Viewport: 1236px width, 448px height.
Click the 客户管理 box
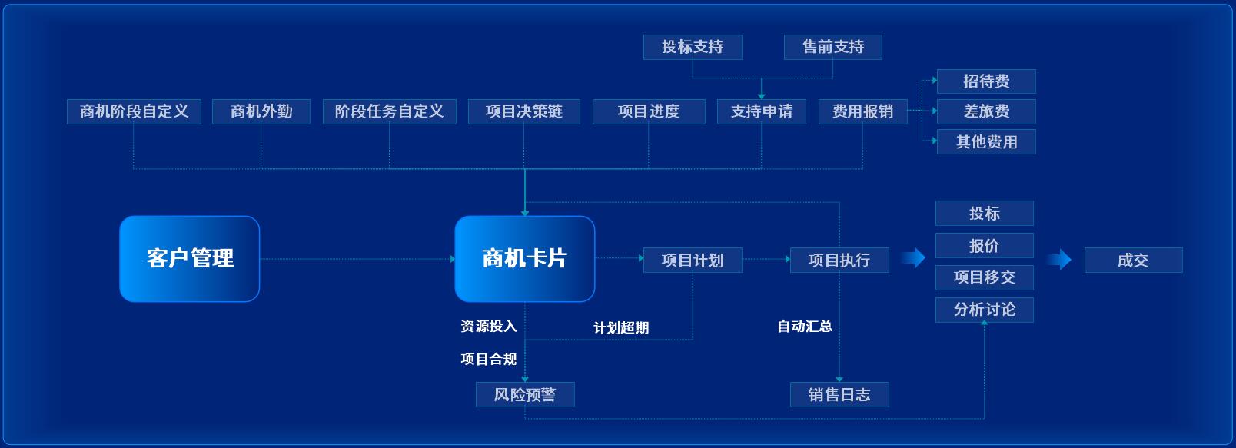[x=189, y=259]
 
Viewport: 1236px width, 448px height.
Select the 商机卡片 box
[x=525, y=259]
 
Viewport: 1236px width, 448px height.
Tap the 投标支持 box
[x=693, y=47]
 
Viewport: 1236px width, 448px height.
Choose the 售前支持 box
[x=833, y=47]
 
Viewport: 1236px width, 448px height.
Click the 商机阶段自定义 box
[x=134, y=111]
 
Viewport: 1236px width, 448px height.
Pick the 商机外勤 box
[x=261, y=111]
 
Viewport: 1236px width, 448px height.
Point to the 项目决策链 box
[x=524, y=111]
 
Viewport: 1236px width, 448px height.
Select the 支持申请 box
[x=762, y=111]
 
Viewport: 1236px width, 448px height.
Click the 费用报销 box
[x=863, y=111]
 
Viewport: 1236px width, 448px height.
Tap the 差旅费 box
[x=986, y=111]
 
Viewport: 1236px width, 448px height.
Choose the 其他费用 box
[x=986, y=142]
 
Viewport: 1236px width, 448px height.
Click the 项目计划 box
[x=693, y=260]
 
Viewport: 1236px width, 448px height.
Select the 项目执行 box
[x=839, y=260]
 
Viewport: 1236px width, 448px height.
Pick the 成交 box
[x=1133, y=260]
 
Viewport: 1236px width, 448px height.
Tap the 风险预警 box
[x=525, y=394]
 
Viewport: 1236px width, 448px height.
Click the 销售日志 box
[x=839, y=394]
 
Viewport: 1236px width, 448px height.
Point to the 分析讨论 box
[x=985, y=310]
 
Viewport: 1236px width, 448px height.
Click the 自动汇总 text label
[x=805, y=327]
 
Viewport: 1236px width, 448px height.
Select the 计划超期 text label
[x=621, y=327]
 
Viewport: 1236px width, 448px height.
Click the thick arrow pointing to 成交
[x=1059, y=259]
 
